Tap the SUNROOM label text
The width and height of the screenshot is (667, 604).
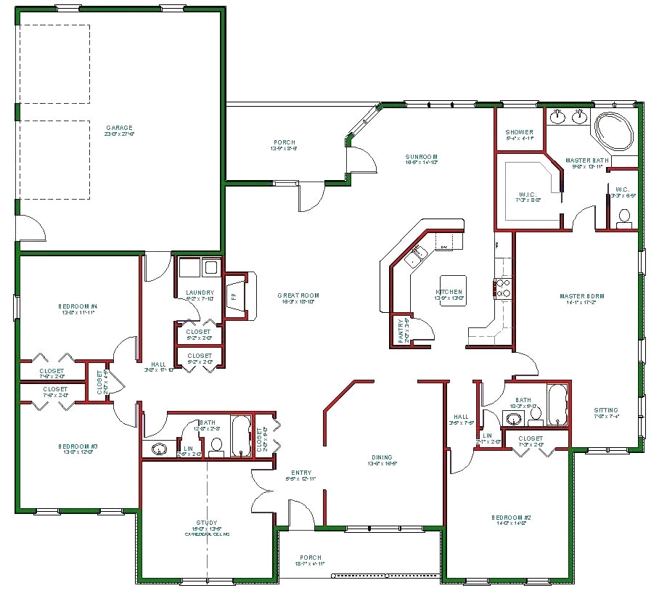(x=422, y=157)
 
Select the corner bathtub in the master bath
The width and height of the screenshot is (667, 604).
(x=615, y=134)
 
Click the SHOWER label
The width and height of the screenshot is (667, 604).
(x=519, y=132)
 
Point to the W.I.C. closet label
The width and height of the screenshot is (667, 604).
(x=527, y=194)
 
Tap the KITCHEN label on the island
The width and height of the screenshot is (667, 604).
(x=449, y=292)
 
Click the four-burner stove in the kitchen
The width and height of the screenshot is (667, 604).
(x=502, y=288)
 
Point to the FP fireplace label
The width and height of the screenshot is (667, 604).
(x=233, y=296)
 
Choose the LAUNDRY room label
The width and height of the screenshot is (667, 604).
(x=199, y=293)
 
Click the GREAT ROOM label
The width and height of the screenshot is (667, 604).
(x=298, y=295)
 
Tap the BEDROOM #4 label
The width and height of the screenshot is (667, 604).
(x=78, y=306)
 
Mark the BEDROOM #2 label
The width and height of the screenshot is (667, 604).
(x=514, y=517)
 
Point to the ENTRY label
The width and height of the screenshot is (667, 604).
(x=301, y=473)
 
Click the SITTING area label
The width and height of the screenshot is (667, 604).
(x=606, y=410)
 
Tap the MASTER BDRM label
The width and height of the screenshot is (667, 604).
(x=582, y=296)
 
